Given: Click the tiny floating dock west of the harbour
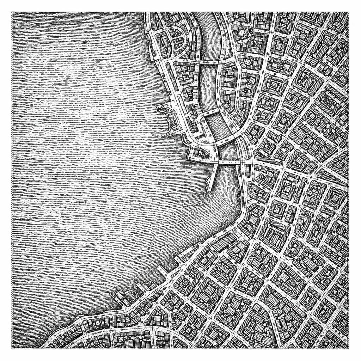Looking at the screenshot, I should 162,136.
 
